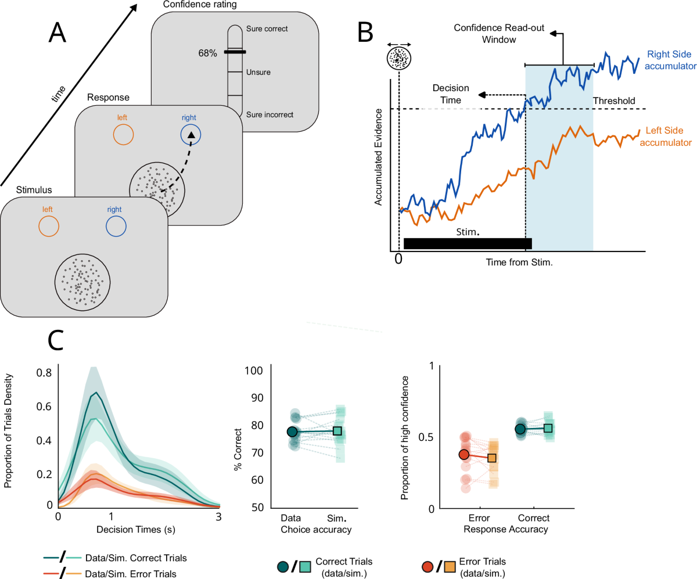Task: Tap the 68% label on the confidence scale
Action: click(x=207, y=53)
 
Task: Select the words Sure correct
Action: click(x=267, y=28)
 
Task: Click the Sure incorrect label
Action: click(x=270, y=114)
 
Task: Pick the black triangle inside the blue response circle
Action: click(x=192, y=135)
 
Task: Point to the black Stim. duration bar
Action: click(x=467, y=243)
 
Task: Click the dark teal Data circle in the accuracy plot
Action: click(x=292, y=431)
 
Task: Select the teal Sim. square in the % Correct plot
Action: click(x=337, y=431)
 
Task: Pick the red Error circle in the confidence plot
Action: click(x=464, y=455)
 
